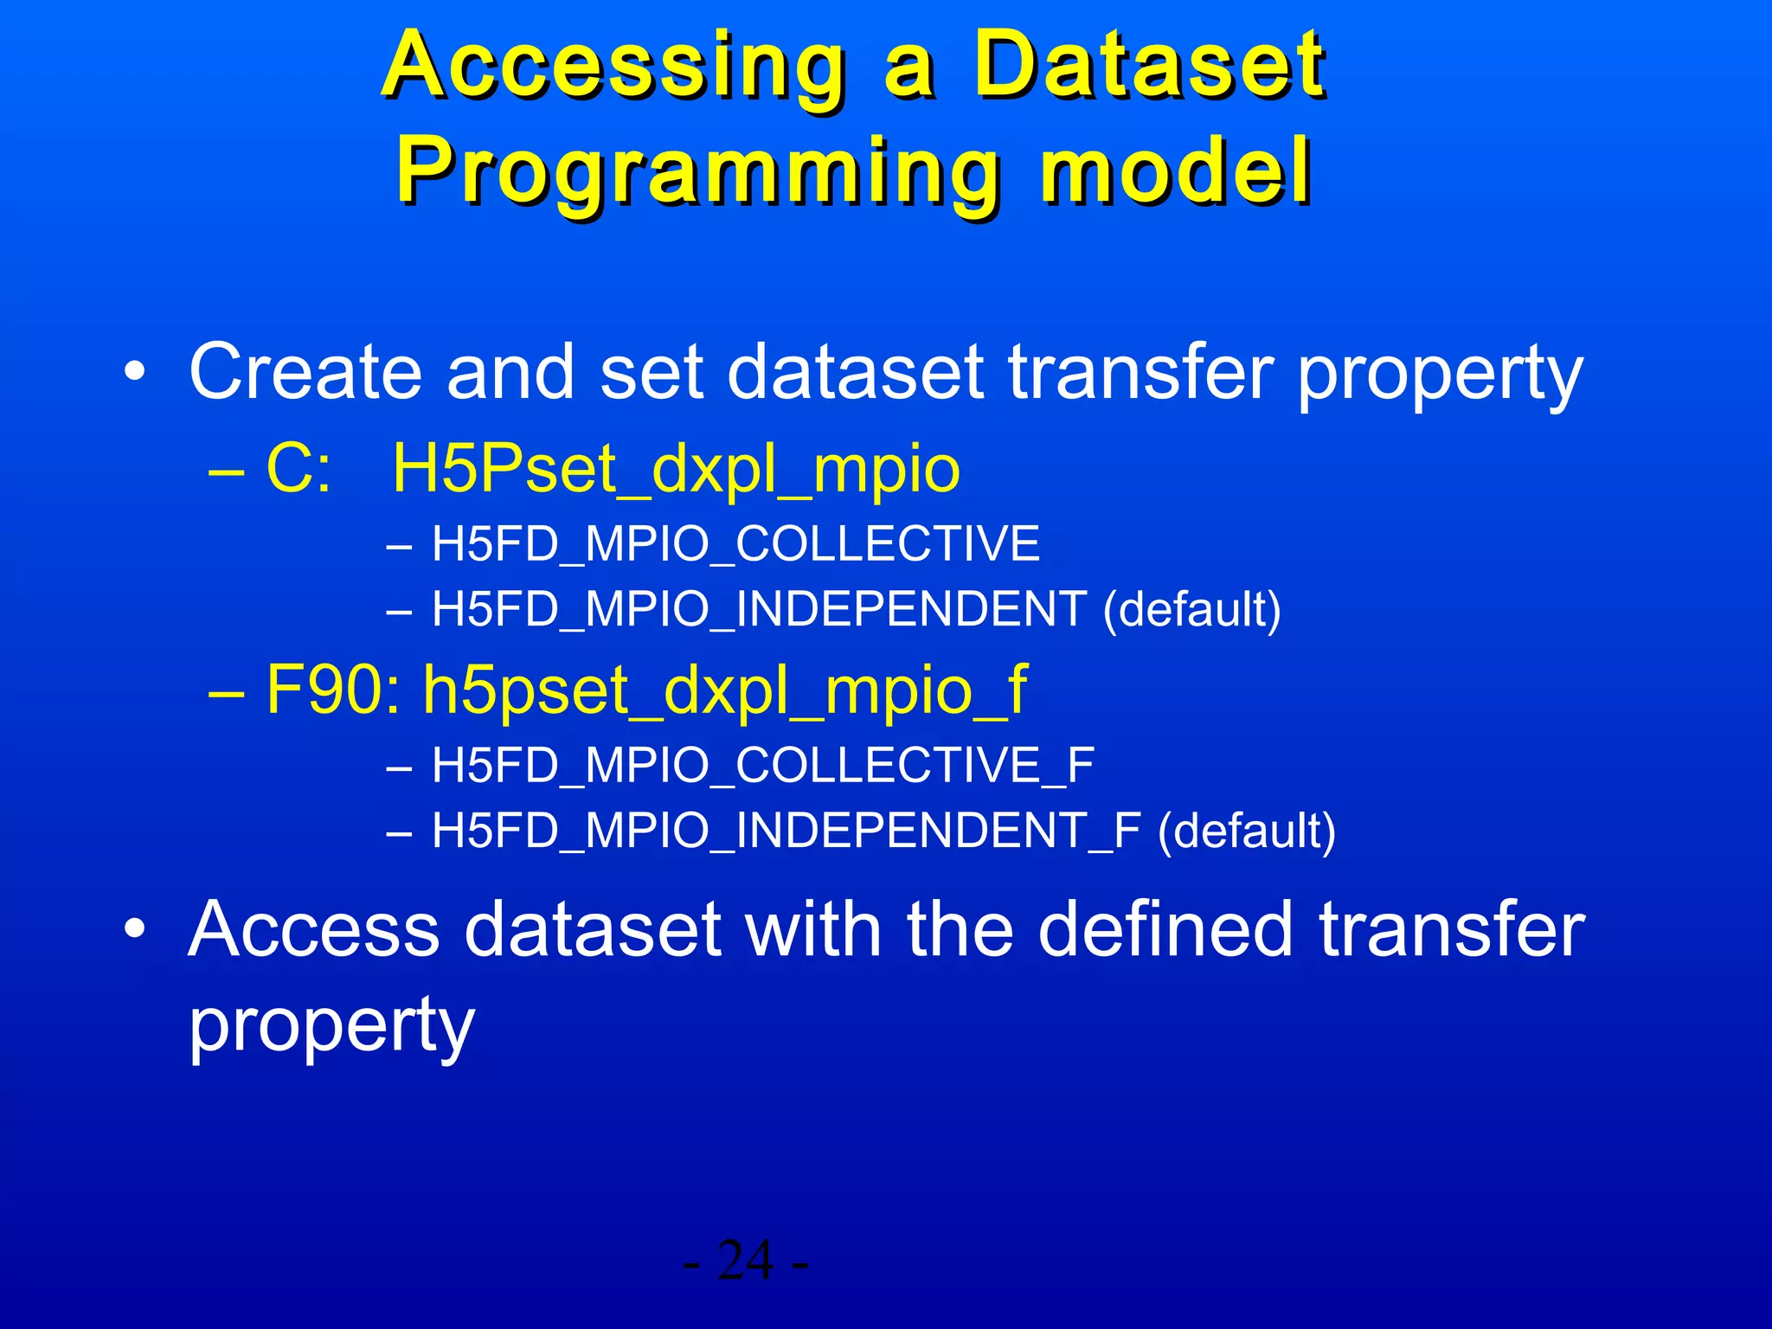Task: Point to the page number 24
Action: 746,1261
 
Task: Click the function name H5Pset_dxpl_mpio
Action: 676,470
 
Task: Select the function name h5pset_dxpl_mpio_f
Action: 724,690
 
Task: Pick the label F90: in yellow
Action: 333,690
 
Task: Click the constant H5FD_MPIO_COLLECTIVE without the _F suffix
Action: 735,544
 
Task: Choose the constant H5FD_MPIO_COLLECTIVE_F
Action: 763,766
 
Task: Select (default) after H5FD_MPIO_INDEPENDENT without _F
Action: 1191,609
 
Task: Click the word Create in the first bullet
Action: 305,372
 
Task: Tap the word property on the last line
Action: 331,1026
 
